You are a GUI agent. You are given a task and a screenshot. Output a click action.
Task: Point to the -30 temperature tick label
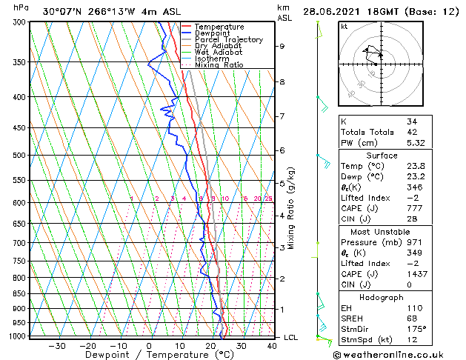coord(56,346)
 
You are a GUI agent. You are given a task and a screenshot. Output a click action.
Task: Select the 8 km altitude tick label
coord(282,81)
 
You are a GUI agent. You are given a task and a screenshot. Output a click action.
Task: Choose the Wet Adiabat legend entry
coord(219,52)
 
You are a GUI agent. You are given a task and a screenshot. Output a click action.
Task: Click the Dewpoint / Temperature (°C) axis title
coord(149,356)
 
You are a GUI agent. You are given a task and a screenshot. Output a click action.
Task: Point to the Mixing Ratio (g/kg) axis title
coord(291,208)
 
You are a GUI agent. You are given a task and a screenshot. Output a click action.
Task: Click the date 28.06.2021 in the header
coord(332,12)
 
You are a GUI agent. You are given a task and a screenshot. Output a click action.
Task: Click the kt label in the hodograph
coord(344,26)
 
